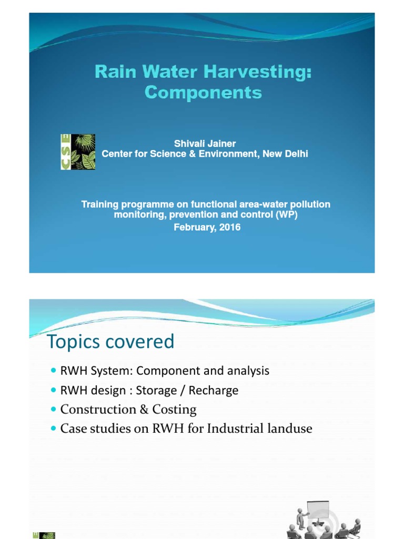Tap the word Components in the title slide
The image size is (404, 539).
pos(203,93)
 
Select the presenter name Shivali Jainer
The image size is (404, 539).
pos(205,144)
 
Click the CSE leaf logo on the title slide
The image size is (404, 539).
pos(78,152)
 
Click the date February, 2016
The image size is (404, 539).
pos(207,227)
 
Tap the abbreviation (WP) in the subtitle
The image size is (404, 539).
pos(286,215)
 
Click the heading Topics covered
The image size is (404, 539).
pos(110,342)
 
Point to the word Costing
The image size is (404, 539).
pos(174,410)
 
